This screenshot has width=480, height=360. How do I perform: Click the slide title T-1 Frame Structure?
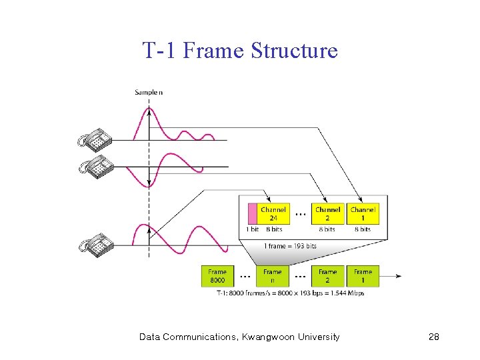point(240,51)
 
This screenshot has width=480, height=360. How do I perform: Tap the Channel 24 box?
point(273,213)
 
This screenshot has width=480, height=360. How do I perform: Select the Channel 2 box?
point(327,213)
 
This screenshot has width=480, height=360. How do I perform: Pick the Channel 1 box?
point(363,213)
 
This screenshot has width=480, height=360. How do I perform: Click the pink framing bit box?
point(252,213)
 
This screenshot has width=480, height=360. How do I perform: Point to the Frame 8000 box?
point(217,276)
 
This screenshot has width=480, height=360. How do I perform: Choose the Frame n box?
point(272,276)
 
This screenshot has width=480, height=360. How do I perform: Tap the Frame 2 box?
point(327,276)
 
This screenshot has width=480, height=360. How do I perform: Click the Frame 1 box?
point(363,276)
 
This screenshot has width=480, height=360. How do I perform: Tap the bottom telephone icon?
point(95,245)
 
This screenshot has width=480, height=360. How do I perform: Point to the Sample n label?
point(148,92)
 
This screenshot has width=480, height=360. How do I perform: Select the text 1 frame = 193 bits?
point(291,246)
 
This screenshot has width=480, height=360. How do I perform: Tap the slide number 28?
point(433,337)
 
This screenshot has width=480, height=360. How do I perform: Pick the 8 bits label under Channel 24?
point(274,229)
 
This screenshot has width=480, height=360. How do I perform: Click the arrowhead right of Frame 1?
point(399,276)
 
